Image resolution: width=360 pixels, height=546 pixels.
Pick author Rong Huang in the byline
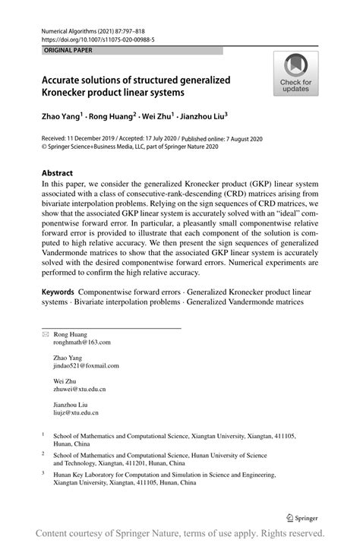click(110, 118)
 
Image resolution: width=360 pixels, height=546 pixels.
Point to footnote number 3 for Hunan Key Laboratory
click(43, 472)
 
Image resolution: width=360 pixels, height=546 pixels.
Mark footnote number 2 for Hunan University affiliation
click(43, 453)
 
